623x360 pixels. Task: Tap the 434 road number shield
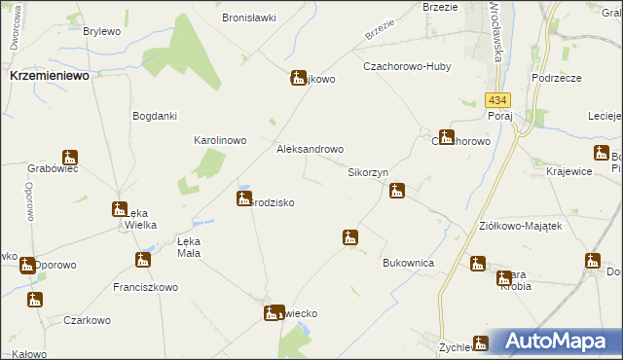click(x=497, y=101)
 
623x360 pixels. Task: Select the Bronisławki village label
click(x=250, y=18)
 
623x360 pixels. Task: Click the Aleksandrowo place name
click(x=311, y=150)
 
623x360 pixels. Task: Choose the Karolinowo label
click(x=219, y=140)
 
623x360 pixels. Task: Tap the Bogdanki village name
click(x=154, y=116)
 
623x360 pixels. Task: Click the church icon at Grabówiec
click(x=69, y=158)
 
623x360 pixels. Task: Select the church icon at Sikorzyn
click(x=397, y=191)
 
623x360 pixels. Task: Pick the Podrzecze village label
click(x=557, y=77)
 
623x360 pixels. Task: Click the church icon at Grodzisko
click(x=243, y=198)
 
